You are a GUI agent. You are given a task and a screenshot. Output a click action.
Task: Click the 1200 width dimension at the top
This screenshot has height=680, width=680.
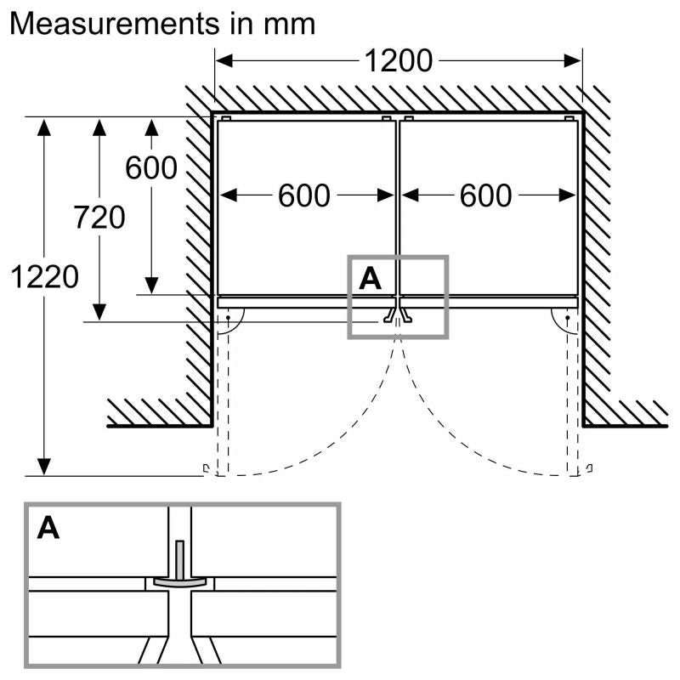[399, 60]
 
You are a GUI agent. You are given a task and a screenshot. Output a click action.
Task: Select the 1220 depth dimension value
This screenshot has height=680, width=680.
[44, 276]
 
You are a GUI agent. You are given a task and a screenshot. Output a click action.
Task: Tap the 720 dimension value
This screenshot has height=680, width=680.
[99, 218]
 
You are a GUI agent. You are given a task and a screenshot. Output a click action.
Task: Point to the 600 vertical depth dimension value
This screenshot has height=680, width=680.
[151, 168]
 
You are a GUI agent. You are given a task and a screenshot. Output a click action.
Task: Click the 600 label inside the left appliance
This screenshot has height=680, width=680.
[303, 196]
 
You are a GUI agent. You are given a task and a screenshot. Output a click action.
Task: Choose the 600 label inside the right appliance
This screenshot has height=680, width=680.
[486, 196]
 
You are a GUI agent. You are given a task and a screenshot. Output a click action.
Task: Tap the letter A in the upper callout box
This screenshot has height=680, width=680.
[371, 278]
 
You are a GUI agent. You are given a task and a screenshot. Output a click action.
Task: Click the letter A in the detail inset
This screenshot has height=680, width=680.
[48, 528]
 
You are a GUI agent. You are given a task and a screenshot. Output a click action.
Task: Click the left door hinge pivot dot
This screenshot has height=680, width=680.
[229, 320]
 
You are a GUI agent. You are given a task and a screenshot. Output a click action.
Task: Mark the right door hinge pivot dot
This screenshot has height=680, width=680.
[567, 320]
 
